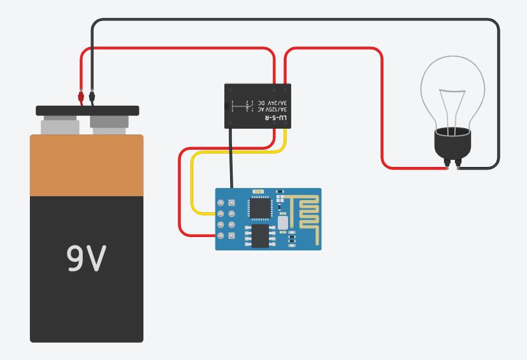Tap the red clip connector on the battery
pyautogui.click(x=80, y=97)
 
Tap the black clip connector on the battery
pyautogui.click(x=93, y=97)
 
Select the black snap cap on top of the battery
pyautogui.click(x=87, y=110)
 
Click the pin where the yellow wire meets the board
pyautogui.click(x=220, y=213)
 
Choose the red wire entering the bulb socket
pyautogui.click(x=421, y=168)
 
